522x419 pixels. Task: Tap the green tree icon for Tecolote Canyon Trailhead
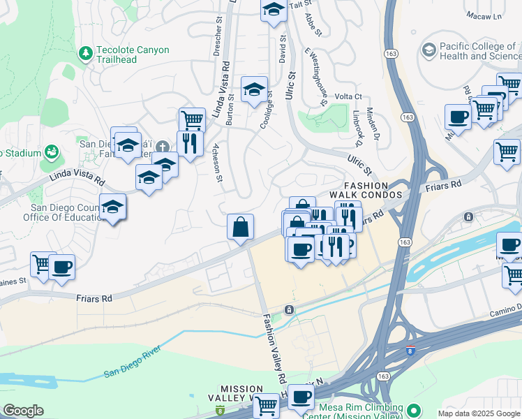click(x=85, y=52)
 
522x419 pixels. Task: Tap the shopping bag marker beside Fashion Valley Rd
click(x=240, y=227)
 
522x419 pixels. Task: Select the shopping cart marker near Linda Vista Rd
click(x=192, y=120)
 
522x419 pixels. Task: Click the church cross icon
click(x=163, y=146)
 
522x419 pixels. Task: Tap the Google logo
click(x=23, y=411)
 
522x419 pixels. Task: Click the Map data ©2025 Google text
click(x=479, y=413)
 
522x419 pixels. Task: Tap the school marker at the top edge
click(x=274, y=10)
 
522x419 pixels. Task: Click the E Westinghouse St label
click(x=316, y=76)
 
